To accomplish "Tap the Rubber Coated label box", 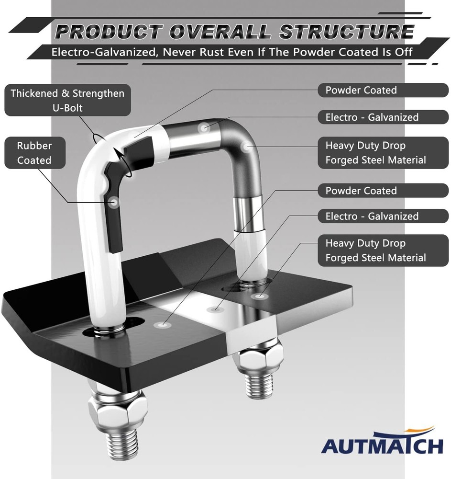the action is coord(35,153).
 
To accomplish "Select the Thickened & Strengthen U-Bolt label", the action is coord(68,100).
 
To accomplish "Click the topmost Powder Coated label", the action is coord(383,90).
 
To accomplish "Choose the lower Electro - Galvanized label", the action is coord(383,217).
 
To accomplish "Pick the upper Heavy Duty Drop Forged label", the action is coord(383,153).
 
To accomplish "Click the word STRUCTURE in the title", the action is coord(346,32).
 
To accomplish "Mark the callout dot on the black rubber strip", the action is coord(115,202).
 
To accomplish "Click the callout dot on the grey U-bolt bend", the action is coord(246,147).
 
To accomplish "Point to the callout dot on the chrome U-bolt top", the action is coord(203,128).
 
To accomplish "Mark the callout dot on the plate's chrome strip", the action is coord(215,309).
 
